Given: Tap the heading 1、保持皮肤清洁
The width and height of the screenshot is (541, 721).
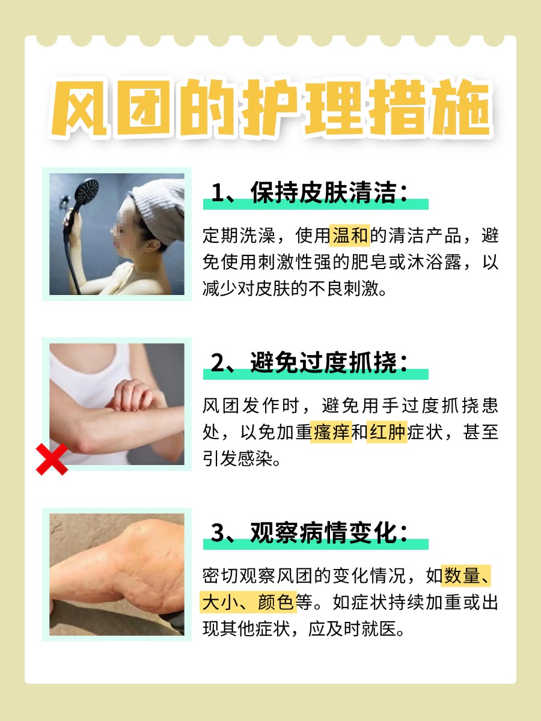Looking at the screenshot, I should pos(310,193).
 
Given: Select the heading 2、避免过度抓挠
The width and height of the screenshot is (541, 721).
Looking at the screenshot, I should pos(310,364).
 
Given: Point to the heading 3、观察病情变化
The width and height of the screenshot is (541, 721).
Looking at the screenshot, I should pos(310,533).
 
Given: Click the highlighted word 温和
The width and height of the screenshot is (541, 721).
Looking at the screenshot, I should pos(350,236).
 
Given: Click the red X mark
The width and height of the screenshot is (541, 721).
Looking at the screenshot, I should pos(51,460).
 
